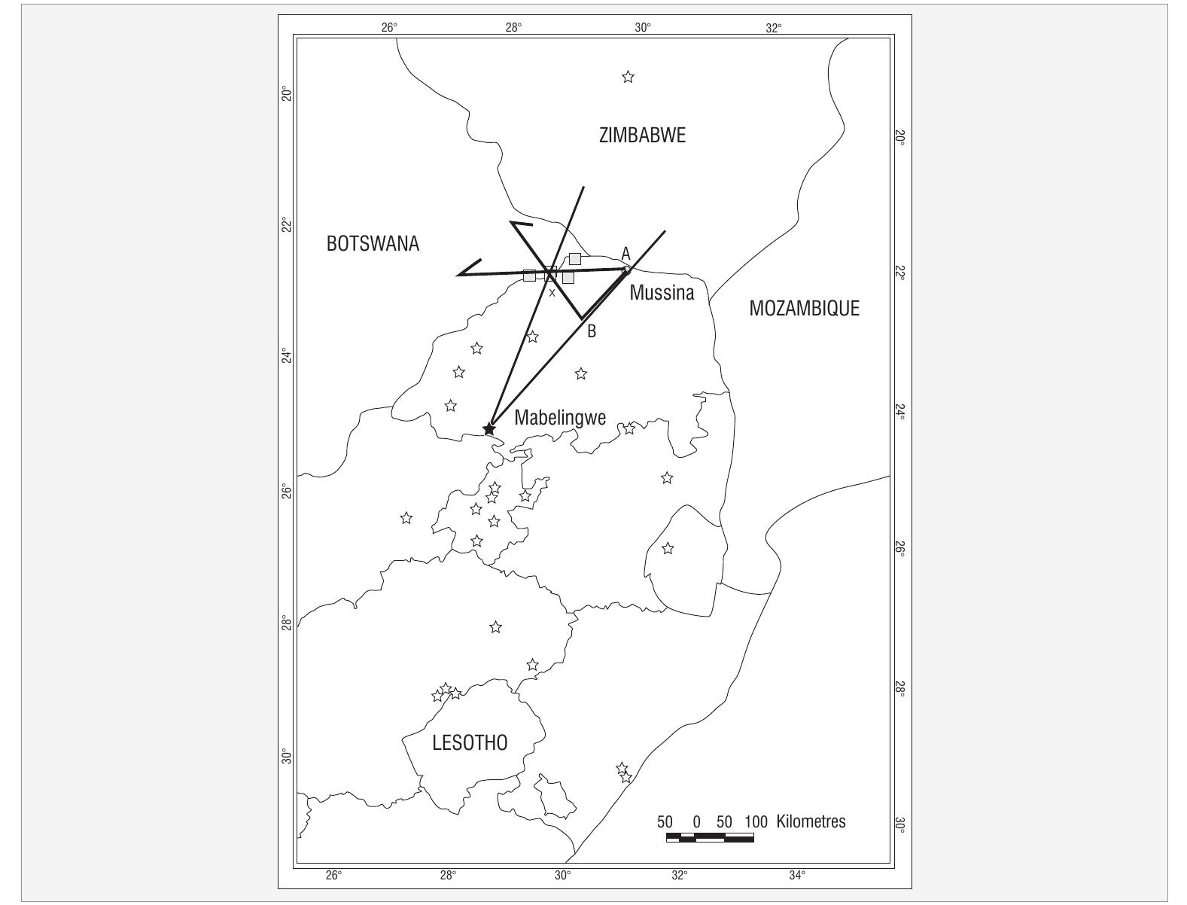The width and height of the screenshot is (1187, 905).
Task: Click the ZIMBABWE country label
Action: click(642, 136)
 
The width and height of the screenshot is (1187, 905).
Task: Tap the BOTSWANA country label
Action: click(373, 244)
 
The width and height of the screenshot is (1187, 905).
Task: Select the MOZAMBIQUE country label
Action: click(804, 309)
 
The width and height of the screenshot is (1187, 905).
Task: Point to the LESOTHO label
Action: click(470, 743)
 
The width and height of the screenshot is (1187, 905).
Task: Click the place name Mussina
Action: click(662, 293)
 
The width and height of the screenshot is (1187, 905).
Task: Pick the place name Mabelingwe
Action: click(560, 418)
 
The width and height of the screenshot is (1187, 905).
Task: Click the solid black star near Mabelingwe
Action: click(489, 429)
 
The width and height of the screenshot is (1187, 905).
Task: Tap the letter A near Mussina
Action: click(625, 254)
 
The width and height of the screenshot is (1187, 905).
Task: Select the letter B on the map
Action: click(592, 331)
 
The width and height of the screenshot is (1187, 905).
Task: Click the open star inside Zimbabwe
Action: click(628, 77)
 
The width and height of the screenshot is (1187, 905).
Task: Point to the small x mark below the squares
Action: click(552, 293)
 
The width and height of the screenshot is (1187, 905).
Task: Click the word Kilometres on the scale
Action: click(811, 821)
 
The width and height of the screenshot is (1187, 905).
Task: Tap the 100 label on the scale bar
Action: click(755, 821)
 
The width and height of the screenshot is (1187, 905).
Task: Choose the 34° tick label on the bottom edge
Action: click(797, 875)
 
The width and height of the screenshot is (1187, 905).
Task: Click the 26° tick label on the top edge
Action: click(388, 28)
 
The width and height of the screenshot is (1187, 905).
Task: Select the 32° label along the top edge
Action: click(774, 28)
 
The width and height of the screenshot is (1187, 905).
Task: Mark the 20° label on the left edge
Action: click(286, 94)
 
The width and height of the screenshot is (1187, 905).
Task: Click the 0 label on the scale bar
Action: click(696, 821)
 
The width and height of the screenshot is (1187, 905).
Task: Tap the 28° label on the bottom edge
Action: click(448, 875)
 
